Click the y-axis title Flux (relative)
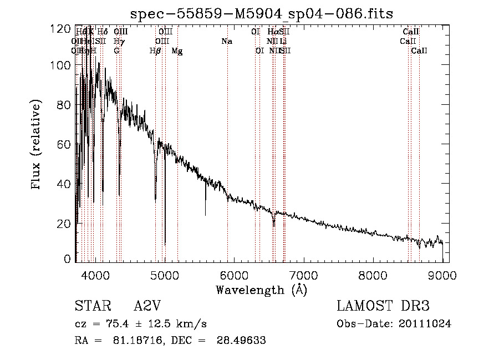pos(37,145)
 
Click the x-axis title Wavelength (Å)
pos(261,290)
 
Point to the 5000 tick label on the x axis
pos(164,276)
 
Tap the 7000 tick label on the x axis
pos(303,276)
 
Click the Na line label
pos(226,41)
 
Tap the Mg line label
pos(177,51)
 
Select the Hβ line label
pos(155,51)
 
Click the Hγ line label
pos(118,41)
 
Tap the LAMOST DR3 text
pos(383,306)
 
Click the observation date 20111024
pos(427,323)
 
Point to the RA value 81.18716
pos(131,341)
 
